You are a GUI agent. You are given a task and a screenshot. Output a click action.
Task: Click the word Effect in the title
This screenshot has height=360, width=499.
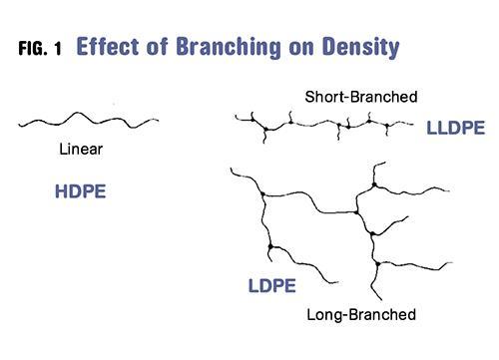[x=108, y=46]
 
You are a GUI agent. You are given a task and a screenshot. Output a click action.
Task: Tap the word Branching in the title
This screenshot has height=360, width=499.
[x=229, y=48]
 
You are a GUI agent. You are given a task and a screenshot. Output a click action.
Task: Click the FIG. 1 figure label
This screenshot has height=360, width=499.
[x=40, y=48]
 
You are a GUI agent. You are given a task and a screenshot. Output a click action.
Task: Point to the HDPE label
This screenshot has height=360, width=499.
[x=81, y=191]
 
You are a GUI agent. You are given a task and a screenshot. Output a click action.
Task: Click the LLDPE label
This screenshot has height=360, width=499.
[x=456, y=128]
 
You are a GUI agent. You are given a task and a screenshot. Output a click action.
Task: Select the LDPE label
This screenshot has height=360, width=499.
[x=272, y=285]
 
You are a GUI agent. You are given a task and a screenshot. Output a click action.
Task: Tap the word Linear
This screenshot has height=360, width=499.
[x=81, y=149]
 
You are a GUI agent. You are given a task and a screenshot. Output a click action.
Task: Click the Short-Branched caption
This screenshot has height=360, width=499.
[x=361, y=97]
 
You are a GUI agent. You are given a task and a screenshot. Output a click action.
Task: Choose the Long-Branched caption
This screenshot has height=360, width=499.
[x=361, y=314]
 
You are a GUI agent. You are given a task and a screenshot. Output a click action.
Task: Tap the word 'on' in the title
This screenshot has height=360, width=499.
[x=301, y=49]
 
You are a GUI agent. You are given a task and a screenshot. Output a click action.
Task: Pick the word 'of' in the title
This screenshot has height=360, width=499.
[x=157, y=46]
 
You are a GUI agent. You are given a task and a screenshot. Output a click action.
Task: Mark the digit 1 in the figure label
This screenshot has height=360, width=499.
[x=58, y=49]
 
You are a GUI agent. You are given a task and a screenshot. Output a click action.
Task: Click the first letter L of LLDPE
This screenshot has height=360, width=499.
[x=432, y=128]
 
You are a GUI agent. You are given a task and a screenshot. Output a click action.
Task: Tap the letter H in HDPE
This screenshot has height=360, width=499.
[x=61, y=191]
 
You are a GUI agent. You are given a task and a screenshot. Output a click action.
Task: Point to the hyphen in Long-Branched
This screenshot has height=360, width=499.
[x=345, y=315]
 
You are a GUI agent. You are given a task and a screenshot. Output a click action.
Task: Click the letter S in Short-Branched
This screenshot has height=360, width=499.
[x=309, y=97]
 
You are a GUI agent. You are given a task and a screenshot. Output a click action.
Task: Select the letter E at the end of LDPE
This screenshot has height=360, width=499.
[x=290, y=285]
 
